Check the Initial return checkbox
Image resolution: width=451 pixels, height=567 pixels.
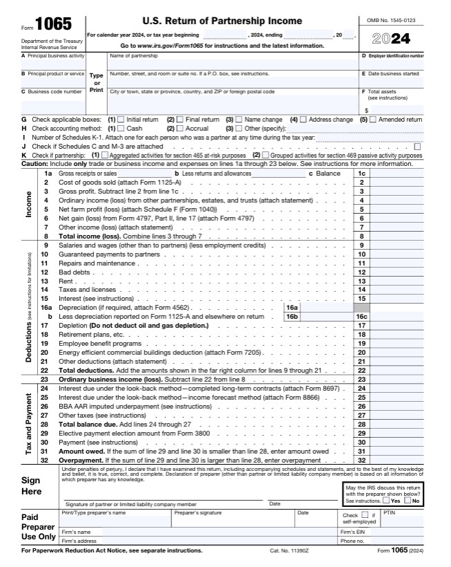tap(122, 120)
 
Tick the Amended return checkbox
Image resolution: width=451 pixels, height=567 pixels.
tap(373, 120)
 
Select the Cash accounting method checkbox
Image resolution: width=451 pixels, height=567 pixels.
tap(122, 129)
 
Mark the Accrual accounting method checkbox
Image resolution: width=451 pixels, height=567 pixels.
tap(180, 129)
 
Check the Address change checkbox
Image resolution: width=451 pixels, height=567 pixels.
tap(303, 120)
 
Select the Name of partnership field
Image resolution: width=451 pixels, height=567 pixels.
tap(232, 64)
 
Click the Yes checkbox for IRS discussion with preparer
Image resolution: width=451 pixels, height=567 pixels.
tap(385, 501)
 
